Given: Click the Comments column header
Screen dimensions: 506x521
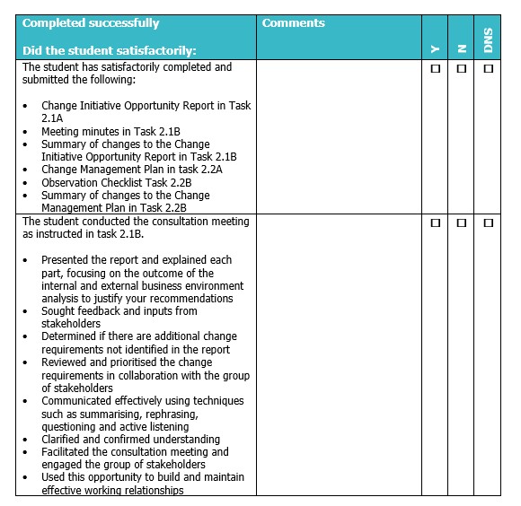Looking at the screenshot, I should (x=294, y=23).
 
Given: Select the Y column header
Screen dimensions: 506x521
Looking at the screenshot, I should (x=436, y=49).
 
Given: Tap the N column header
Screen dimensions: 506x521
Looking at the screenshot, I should (x=462, y=49).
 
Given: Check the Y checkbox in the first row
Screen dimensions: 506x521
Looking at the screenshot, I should (x=436, y=68).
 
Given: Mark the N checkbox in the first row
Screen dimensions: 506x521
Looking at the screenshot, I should (x=462, y=68).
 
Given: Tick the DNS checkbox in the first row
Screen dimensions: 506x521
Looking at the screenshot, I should (x=488, y=68).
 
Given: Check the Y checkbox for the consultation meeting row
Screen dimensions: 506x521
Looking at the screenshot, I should (x=436, y=222).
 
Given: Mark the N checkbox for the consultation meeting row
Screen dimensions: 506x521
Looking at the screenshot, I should (x=462, y=222).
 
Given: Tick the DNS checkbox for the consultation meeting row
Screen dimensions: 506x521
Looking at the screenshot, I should (x=488, y=222).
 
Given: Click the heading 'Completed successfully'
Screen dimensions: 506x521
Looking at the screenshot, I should (x=91, y=23).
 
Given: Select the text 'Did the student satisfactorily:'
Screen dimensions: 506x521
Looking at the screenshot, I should (x=110, y=51).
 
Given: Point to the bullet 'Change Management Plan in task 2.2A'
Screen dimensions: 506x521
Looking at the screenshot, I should (x=132, y=170).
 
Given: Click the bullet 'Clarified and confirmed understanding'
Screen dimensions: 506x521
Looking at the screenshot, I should (x=131, y=440).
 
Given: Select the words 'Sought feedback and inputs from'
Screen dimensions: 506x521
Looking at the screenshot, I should (x=119, y=311).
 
